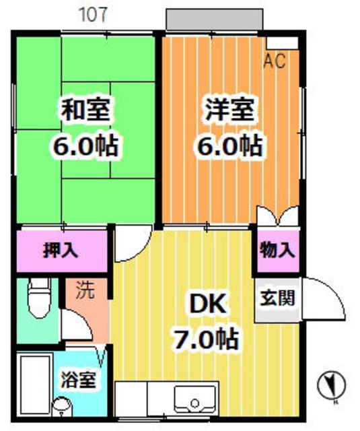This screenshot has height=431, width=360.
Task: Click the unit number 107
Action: [x=93, y=15]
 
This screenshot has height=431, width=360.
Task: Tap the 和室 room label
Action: [x=85, y=110]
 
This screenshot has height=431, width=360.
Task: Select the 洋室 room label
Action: [x=230, y=110]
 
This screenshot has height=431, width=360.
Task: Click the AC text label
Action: [x=275, y=61]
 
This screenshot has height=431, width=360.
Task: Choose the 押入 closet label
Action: [x=61, y=250]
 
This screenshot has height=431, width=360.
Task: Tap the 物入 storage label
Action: [x=278, y=250]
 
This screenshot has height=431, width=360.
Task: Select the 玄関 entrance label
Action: [x=278, y=298]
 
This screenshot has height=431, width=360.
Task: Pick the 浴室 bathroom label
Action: [x=79, y=380]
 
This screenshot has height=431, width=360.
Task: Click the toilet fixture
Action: [x=40, y=298]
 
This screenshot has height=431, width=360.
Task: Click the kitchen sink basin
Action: [x=195, y=399]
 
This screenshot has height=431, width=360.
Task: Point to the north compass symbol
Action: [x=332, y=385]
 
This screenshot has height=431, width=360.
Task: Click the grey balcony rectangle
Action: [x=215, y=20]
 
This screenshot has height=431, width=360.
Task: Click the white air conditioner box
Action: [x=283, y=43]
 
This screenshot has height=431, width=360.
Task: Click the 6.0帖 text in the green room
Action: [x=85, y=145]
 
